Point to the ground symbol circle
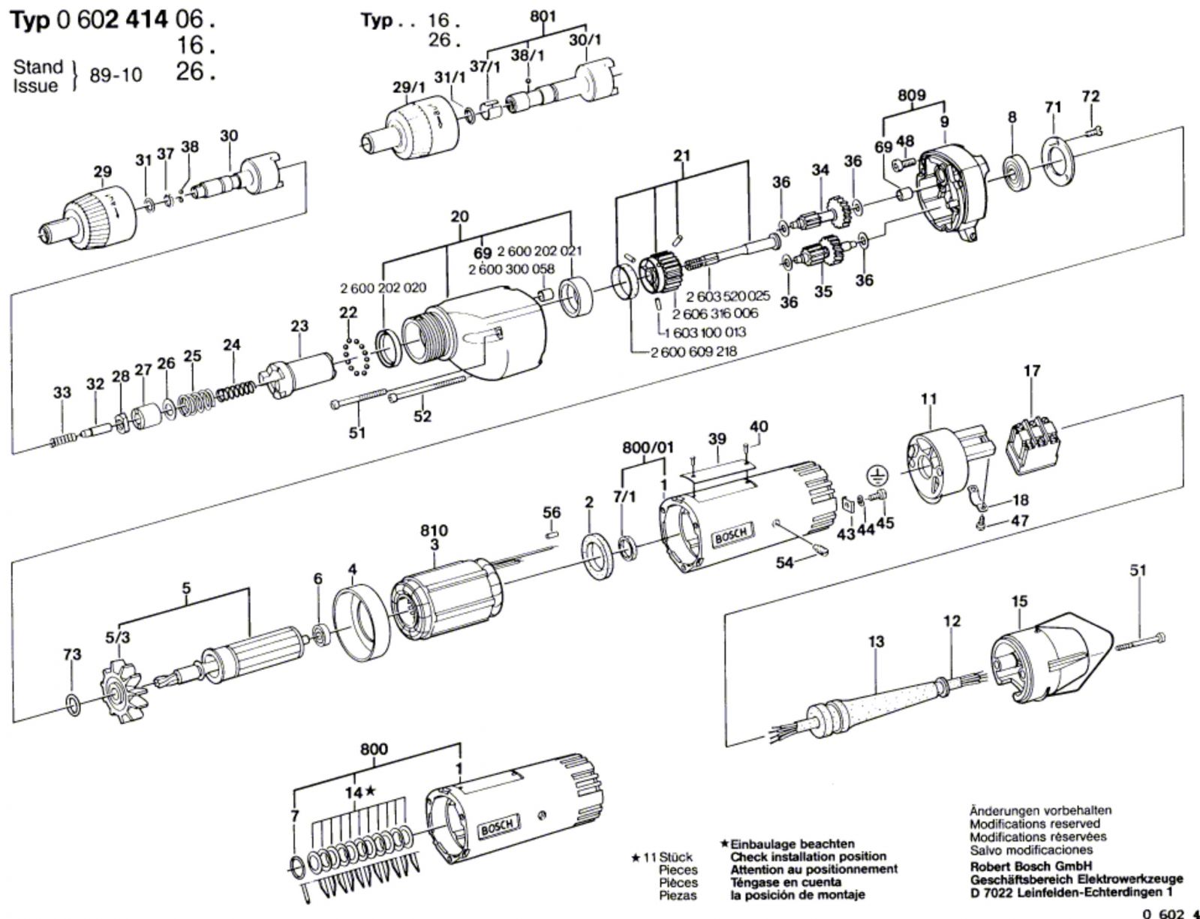pos(875,475)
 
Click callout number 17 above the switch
pos(1032,371)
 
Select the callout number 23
pos(299,326)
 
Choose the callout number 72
pos(1090,97)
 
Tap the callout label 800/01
pos(648,448)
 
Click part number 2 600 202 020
pos(383,288)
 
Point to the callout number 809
pos(911,96)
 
